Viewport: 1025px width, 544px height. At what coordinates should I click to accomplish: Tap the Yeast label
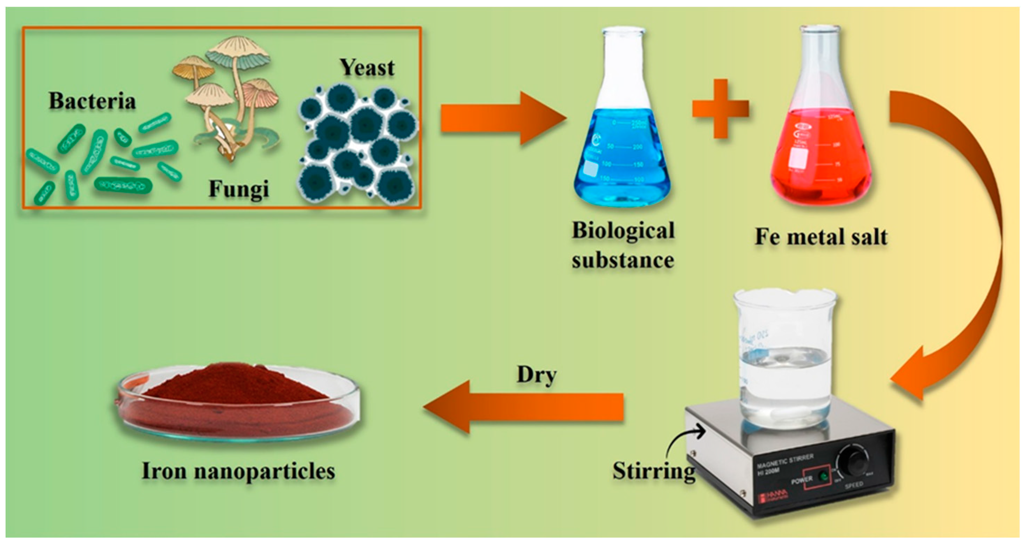tap(367, 68)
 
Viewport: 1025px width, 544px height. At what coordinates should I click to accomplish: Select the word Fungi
tap(239, 189)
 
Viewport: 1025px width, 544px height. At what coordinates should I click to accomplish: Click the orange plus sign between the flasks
tap(720, 108)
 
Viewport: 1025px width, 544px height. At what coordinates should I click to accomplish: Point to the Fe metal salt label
tap(821, 237)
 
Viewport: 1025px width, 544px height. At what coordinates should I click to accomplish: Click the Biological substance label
tap(623, 245)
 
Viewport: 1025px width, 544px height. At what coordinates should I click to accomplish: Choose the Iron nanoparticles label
tap(238, 471)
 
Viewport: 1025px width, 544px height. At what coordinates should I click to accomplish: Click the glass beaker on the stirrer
tap(784, 358)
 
